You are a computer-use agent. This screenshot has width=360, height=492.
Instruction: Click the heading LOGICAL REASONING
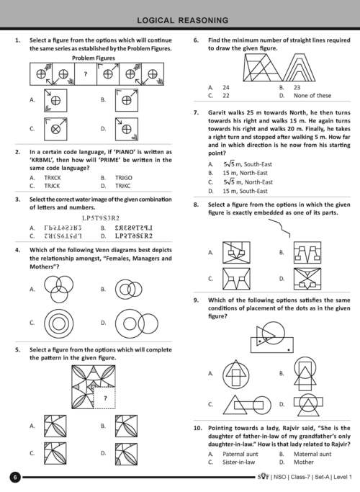click(182, 20)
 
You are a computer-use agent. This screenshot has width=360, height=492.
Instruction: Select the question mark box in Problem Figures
click(86, 74)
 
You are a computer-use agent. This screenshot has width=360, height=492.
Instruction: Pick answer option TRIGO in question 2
click(124, 178)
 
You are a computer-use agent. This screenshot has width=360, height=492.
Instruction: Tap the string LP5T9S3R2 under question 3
click(101, 218)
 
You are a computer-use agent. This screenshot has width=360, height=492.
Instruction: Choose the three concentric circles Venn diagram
click(59, 323)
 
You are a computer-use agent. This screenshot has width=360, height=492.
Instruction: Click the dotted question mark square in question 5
click(104, 398)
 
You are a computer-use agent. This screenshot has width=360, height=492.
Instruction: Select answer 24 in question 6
click(226, 88)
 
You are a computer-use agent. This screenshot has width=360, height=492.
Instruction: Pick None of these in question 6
click(312, 95)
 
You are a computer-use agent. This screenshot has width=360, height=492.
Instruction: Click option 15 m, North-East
click(245, 173)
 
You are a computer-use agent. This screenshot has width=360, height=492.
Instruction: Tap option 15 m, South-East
click(245, 191)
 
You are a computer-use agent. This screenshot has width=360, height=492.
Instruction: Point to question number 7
click(196, 112)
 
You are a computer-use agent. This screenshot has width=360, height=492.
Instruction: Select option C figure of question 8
click(236, 279)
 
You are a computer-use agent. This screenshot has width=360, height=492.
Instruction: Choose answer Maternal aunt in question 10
click(312, 454)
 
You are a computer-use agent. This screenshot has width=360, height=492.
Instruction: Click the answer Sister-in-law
click(238, 462)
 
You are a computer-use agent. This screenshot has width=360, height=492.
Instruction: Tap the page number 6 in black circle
click(15, 478)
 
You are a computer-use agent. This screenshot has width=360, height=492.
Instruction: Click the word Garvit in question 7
click(217, 112)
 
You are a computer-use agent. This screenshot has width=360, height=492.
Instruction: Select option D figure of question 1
click(127, 129)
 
